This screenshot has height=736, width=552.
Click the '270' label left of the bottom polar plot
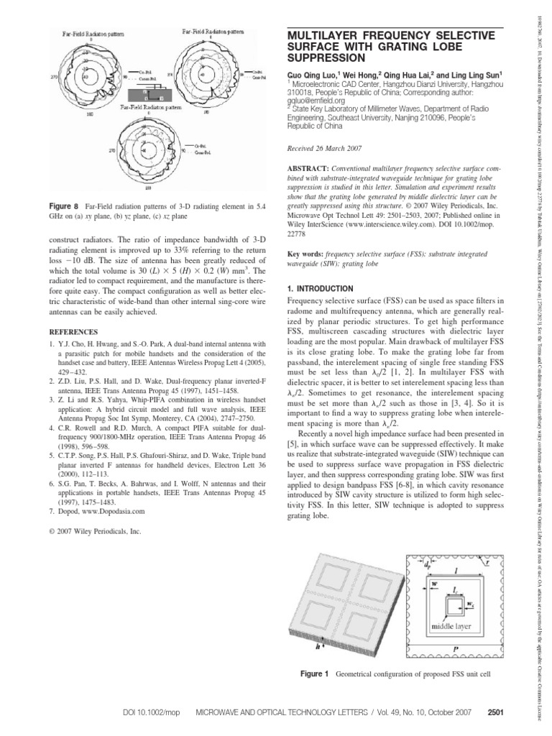(x=112, y=151)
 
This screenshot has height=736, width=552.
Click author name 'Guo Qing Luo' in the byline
(x=306, y=75)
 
